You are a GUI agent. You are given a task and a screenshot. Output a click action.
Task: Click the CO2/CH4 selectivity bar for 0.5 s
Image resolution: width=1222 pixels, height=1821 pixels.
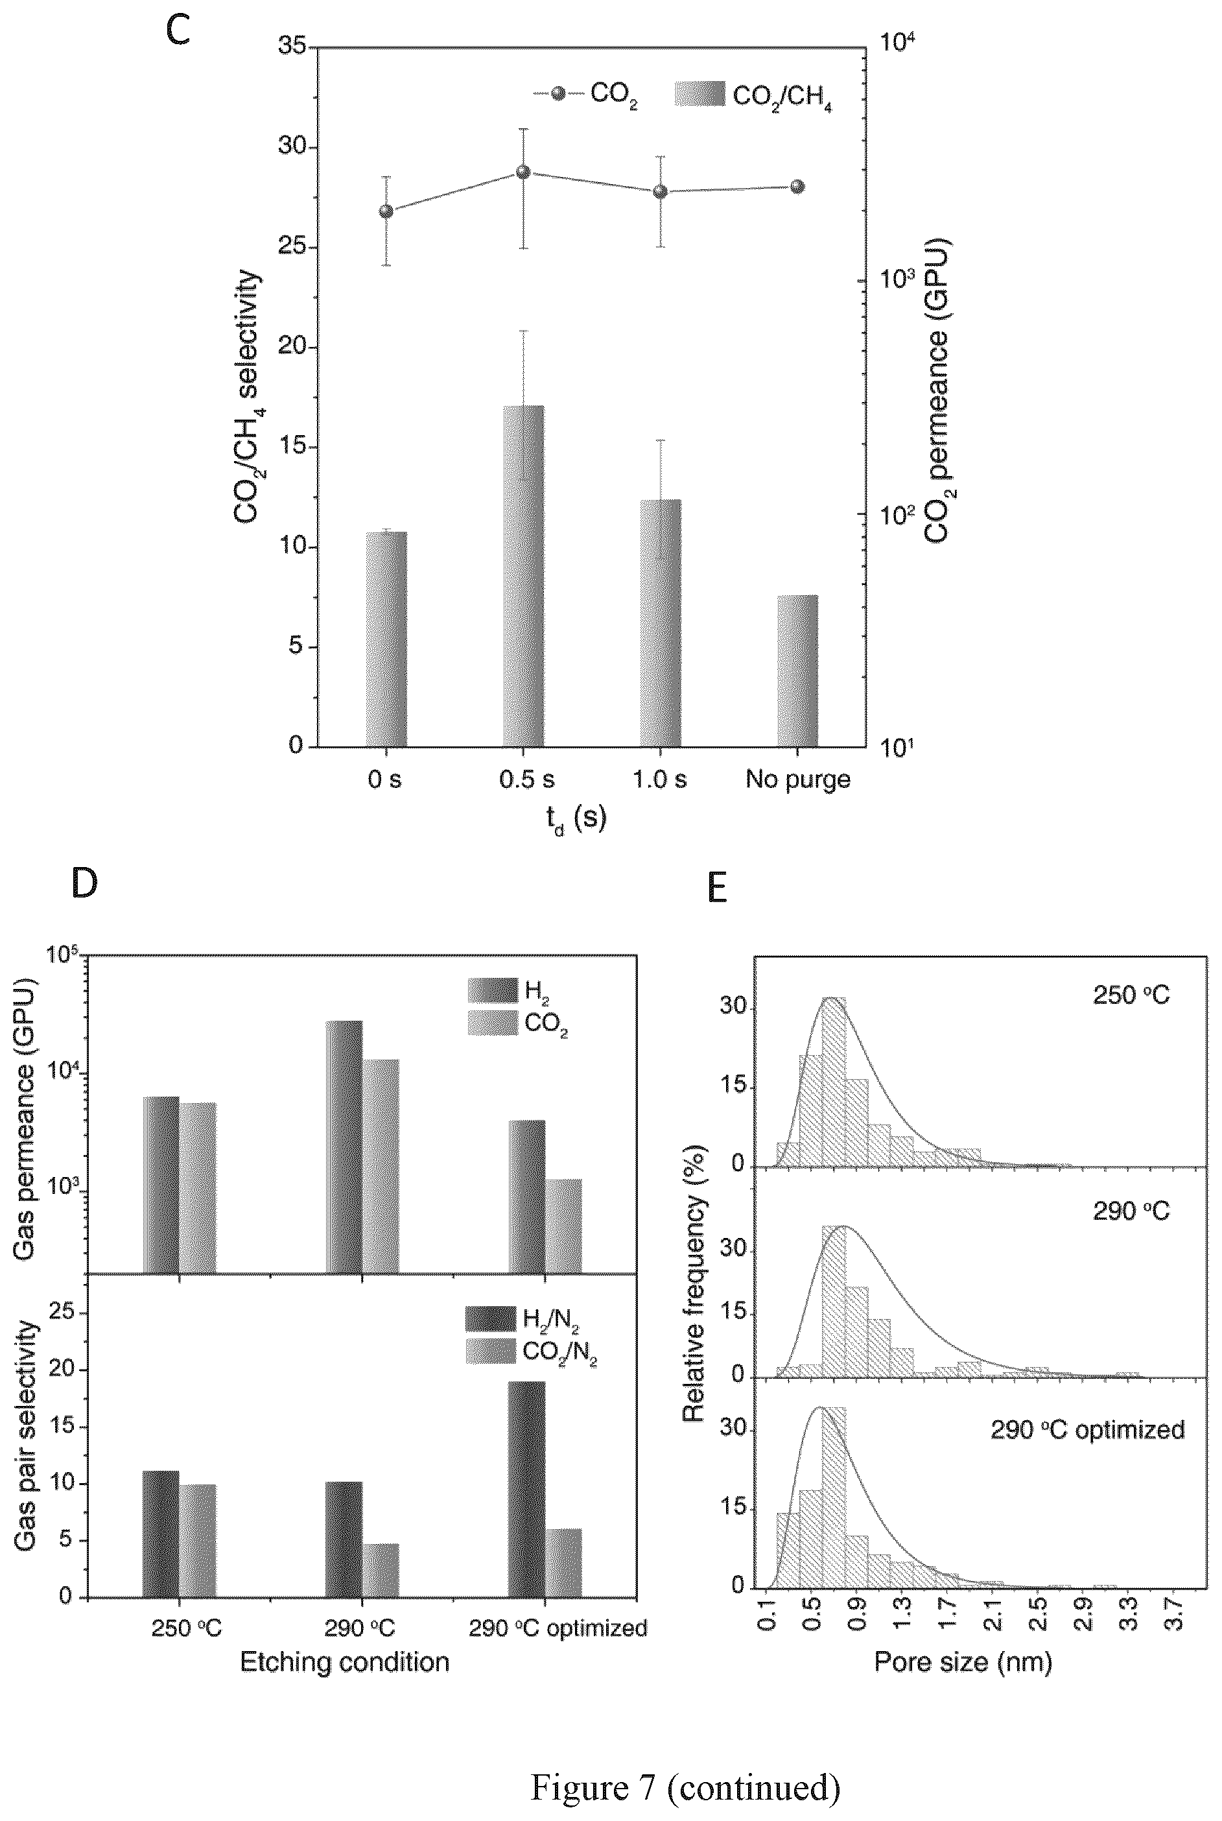pos(523,576)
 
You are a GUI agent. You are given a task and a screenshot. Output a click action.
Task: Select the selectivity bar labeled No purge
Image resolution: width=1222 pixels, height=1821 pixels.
pos(797,671)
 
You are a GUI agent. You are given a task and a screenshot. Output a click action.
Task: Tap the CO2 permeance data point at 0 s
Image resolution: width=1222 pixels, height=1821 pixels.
pos(386,211)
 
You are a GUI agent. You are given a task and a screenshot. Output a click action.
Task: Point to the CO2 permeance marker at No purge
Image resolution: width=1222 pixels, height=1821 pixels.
pos(797,186)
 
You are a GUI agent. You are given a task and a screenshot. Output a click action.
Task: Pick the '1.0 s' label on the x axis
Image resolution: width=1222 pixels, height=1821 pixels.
pos(660,780)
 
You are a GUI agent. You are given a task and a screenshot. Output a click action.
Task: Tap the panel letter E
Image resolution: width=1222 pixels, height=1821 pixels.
pos(717,888)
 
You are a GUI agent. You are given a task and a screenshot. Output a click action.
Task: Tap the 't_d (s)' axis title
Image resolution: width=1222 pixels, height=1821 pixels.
pos(576,819)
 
